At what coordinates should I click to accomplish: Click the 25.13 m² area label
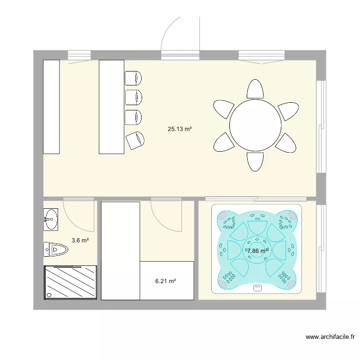(x=180, y=129)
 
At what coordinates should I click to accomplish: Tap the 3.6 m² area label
(x=80, y=240)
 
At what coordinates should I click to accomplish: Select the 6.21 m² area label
(x=165, y=282)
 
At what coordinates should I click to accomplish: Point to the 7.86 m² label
(x=257, y=251)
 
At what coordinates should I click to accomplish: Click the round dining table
(x=255, y=125)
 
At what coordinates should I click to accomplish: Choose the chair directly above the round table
(x=255, y=89)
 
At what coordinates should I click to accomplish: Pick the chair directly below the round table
(x=255, y=161)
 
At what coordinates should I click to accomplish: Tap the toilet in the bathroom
(x=56, y=249)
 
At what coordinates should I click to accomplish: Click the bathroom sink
(x=51, y=219)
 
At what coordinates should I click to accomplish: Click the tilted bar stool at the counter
(x=135, y=140)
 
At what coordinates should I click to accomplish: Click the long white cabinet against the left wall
(x=51, y=107)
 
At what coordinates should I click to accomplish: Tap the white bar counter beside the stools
(x=111, y=107)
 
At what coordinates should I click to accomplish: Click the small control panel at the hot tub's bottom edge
(x=257, y=288)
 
